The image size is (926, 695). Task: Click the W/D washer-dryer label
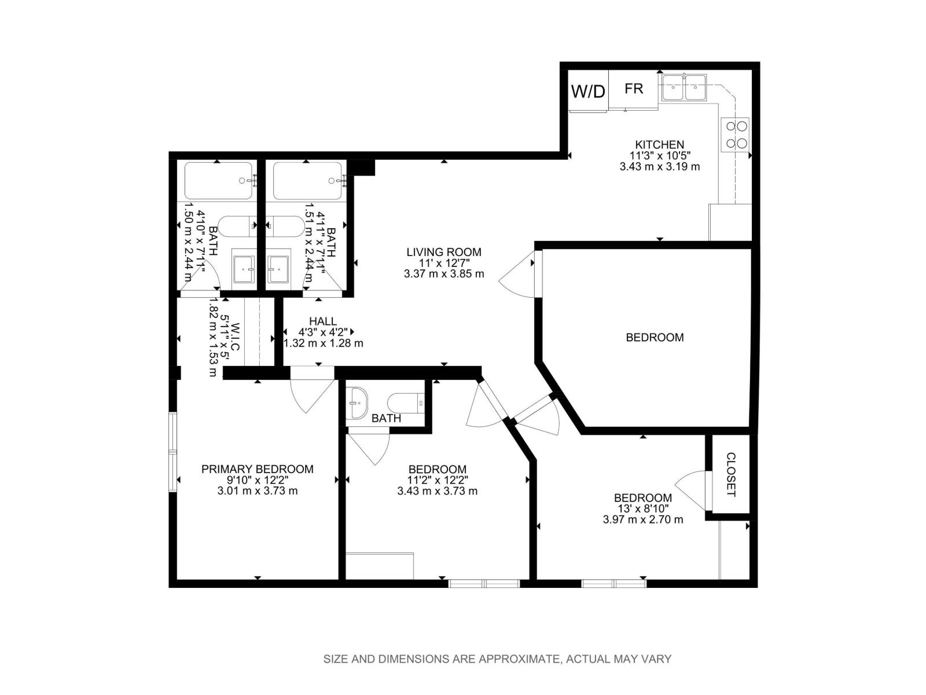click(588, 92)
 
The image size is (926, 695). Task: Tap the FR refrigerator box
click(634, 89)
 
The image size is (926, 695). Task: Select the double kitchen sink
click(684, 88)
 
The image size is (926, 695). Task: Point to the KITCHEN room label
click(660, 144)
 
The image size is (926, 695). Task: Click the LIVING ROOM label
click(444, 252)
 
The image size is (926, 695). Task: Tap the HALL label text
click(322, 321)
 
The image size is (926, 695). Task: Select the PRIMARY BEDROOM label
click(258, 469)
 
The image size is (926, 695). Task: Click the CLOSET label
click(730, 474)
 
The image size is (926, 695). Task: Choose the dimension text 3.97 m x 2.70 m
click(643, 520)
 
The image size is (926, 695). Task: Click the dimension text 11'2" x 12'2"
click(438, 480)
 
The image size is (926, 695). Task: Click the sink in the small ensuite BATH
click(357, 403)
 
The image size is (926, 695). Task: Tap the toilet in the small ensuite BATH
click(406, 402)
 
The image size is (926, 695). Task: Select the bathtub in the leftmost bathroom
click(219, 181)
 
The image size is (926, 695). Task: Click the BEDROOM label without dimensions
click(655, 337)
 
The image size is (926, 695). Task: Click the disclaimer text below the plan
click(497, 659)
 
